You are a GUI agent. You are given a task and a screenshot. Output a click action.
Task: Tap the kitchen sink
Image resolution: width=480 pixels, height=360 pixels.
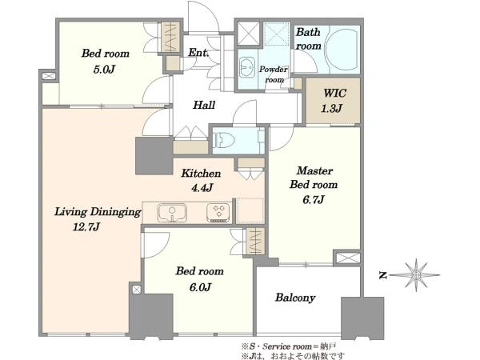pyautogui.click(x=172, y=213)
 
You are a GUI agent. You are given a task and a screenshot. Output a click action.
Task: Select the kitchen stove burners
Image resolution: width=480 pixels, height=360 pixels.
pyautogui.click(x=218, y=213)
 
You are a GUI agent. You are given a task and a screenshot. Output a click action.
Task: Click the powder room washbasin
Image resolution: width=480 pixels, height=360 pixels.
pyautogui.click(x=247, y=68)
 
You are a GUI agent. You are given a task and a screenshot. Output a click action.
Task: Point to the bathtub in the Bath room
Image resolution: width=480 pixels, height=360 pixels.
pyautogui.click(x=341, y=50)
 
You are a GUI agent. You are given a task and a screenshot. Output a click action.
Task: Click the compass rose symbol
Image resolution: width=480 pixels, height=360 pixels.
pyautogui.click(x=416, y=275)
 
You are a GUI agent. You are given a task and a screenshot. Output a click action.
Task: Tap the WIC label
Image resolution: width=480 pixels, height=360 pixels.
pyautogui.click(x=334, y=93)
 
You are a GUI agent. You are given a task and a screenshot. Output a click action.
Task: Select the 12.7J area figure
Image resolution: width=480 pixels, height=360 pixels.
pyautogui.click(x=86, y=227)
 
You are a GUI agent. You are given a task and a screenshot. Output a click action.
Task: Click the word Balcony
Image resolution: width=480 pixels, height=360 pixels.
pyautogui.click(x=294, y=298)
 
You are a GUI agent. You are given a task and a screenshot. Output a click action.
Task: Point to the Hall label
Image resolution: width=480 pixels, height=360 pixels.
pyautogui.click(x=204, y=105)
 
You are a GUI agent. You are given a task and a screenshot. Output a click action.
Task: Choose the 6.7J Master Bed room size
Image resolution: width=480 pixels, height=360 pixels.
pyautogui.click(x=314, y=199)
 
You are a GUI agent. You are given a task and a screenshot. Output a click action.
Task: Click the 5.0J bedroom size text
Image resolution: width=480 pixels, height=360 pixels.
pyautogui.click(x=104, y=70)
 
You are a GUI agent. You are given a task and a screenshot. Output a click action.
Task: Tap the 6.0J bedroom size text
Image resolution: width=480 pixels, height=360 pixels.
pyautogui.click(x=200, y=287)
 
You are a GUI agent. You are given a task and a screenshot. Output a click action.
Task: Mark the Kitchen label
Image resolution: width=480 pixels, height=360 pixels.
pyautogui.click(x=201, y=174)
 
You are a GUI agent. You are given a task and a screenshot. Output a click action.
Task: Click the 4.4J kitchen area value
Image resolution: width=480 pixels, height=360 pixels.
pyautogui.click(x=202, y=187)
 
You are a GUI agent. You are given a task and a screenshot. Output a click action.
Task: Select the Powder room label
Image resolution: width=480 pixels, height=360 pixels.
pyautogui.click(x=274, y=74)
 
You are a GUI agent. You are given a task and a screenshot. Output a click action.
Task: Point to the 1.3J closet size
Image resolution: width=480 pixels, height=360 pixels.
pyautogui.click(x=331, y=108)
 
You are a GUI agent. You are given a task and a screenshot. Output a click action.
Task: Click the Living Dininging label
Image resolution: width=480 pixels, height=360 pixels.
pyautogui.click(x=98, y=212)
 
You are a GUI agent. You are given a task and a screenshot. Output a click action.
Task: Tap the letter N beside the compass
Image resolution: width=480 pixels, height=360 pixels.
pyautogui.click(x=383, y=275)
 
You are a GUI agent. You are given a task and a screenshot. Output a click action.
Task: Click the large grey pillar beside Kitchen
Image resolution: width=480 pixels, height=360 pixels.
pyautogui.click(x=154, y=156)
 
